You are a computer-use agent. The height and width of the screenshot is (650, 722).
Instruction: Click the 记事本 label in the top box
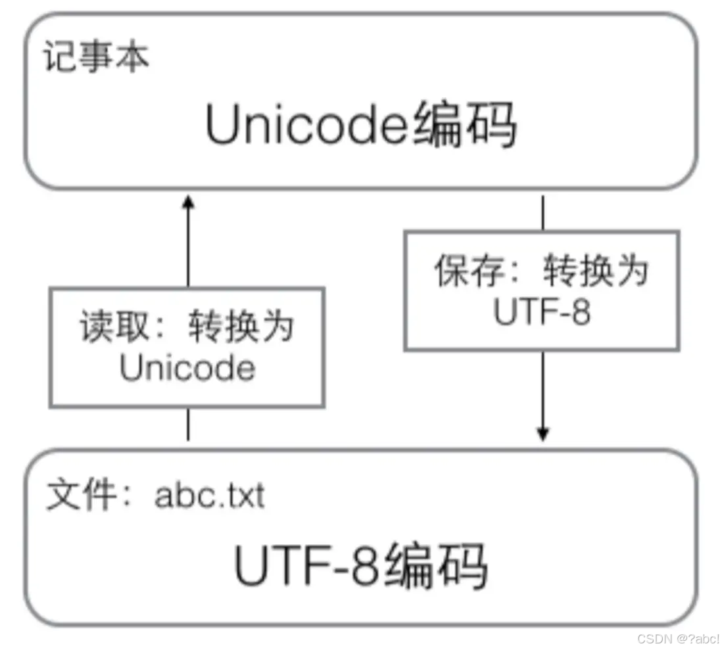click(97, 58)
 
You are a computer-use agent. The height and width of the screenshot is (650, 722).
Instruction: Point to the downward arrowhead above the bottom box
click(542, 434)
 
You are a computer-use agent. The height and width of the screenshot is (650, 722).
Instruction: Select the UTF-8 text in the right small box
click(542, 313)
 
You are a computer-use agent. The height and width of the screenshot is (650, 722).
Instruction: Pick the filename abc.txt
click(210, 497)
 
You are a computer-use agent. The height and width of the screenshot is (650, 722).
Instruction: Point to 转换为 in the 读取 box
click(241, 327)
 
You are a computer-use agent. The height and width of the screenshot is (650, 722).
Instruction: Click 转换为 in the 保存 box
click(595, 270)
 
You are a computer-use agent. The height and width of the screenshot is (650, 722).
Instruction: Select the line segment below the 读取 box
click(189, 424)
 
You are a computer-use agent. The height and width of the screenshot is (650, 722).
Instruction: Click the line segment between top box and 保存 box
click(542, 212)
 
